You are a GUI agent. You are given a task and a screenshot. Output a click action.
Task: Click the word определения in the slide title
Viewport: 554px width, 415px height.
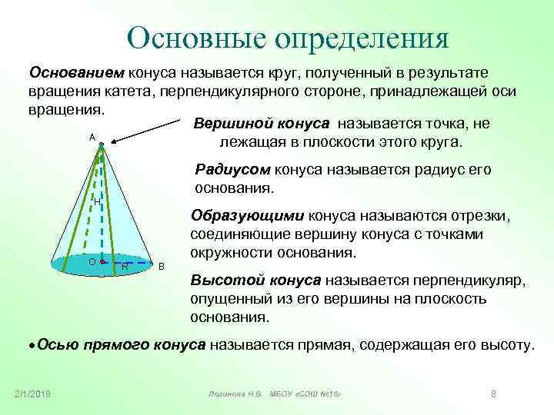point(359,38)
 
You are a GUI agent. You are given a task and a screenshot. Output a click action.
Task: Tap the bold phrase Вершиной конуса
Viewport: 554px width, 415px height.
point(262,124)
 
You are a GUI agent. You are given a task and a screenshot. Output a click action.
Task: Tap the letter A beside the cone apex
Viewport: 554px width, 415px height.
point(92,136)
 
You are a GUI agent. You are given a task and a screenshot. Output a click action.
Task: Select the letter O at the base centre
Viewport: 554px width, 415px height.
point(92,262)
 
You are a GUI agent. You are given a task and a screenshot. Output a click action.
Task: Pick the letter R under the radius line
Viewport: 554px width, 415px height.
point(125,267)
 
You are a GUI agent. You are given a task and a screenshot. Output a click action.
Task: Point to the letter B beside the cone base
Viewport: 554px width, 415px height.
point(161,267)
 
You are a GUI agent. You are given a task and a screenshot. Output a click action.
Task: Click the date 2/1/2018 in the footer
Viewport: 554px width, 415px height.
point(32,394)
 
